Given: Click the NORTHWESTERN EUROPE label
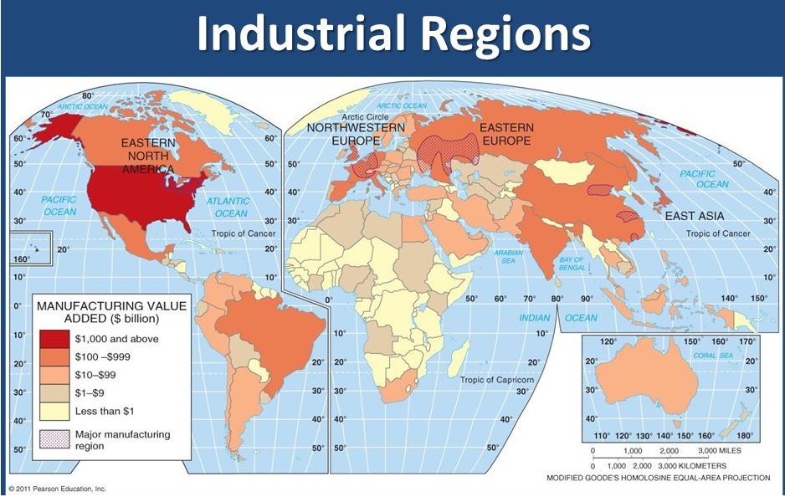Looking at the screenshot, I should coord(356,134).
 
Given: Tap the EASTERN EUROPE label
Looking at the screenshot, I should coord(505,134).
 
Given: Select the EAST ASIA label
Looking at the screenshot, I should coord(695,216).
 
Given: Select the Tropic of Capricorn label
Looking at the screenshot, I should coord(495,381).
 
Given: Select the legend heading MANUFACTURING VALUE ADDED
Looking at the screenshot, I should coord(110,312).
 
